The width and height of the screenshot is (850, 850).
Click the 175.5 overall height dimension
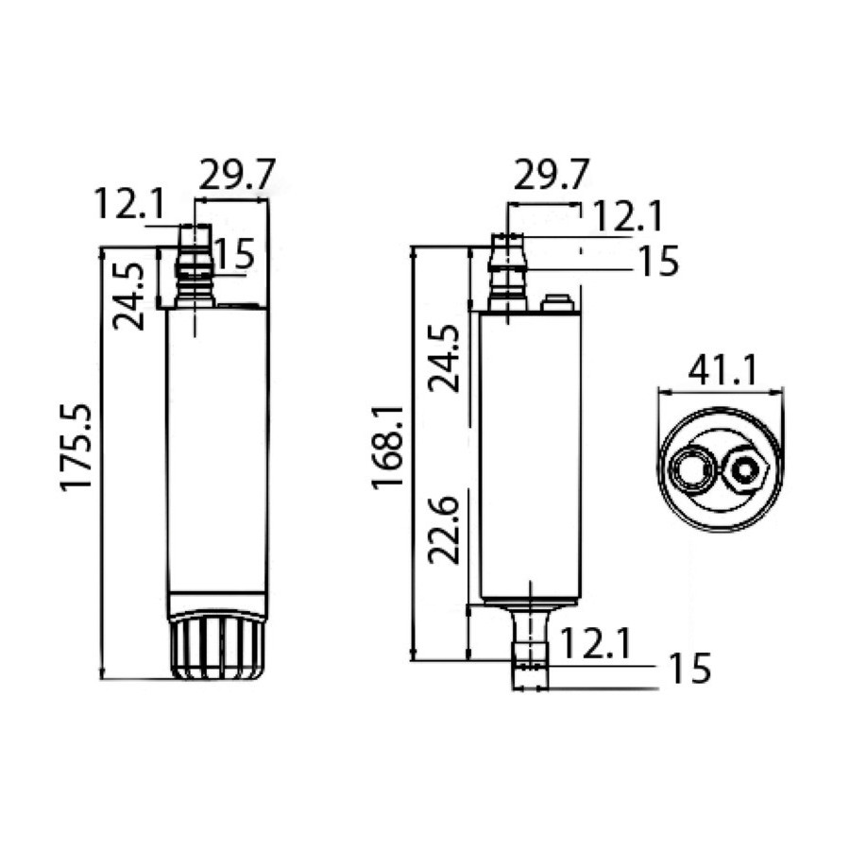(x=76, y=448)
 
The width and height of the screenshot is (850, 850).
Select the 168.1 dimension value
(x=388, y=448)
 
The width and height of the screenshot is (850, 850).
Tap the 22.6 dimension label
(x=444, y=530)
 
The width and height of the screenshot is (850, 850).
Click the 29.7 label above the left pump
(x=237, y=174)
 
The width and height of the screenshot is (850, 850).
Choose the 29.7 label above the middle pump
(x=551, y=174)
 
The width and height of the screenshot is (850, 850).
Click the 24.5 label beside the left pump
(x=129, y=297)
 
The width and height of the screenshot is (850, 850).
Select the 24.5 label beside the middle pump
(x=444, y=358)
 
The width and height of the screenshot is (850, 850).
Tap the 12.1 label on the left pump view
(x=129, y=204)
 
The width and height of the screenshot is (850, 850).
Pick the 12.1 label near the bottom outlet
(x=595, y=643)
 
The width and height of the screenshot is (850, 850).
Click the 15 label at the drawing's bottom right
(x=689, y=668)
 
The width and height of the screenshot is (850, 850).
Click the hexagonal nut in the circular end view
(x=744, y=469)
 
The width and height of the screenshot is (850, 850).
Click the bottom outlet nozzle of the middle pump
(x=530, y=648)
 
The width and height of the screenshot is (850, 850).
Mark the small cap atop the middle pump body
(x=557, y=303)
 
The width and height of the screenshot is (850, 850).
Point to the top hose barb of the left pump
(x=195, y=266)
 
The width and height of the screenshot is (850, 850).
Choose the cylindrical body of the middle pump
(x=531, y=458)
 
